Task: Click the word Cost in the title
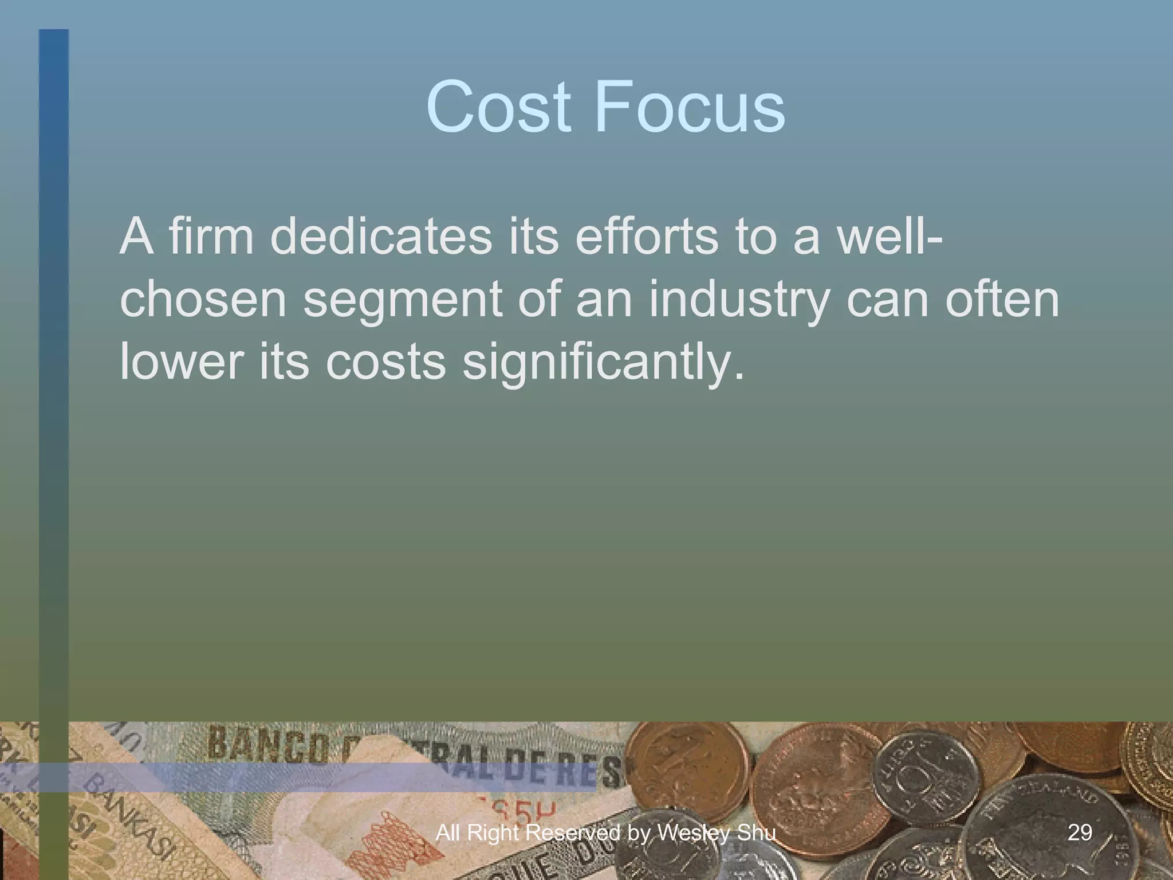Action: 498,107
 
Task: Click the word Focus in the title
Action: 690,107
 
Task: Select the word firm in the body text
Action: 210,237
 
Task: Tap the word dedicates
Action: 380,237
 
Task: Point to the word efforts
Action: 645,237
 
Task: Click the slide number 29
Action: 1080,832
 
